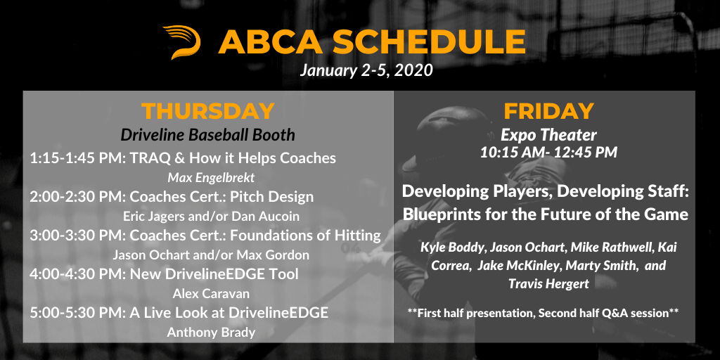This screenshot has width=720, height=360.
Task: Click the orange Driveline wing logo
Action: [182, 42]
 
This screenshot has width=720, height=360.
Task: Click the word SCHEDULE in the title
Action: [430, 41]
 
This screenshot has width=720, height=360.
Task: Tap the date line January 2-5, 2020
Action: [366, 71]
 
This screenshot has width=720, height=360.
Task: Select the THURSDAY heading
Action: [208, 111]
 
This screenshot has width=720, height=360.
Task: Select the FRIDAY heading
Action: [548, 111]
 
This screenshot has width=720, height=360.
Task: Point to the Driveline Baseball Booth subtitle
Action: [208, 135]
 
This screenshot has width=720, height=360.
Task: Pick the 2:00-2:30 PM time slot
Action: [77, 197]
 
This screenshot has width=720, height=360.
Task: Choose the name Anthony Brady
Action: [211, 332]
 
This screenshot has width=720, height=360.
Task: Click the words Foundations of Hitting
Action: [305, 236]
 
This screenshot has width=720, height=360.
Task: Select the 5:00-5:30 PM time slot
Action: [77, 313]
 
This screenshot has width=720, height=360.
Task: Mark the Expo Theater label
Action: [548, 135]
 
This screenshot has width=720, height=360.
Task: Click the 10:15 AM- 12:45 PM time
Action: [548, 153]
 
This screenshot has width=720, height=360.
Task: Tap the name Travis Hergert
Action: [548, 284]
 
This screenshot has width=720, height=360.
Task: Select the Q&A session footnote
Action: [544, 313]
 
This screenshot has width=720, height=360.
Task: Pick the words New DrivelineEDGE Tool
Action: [214, 274]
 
